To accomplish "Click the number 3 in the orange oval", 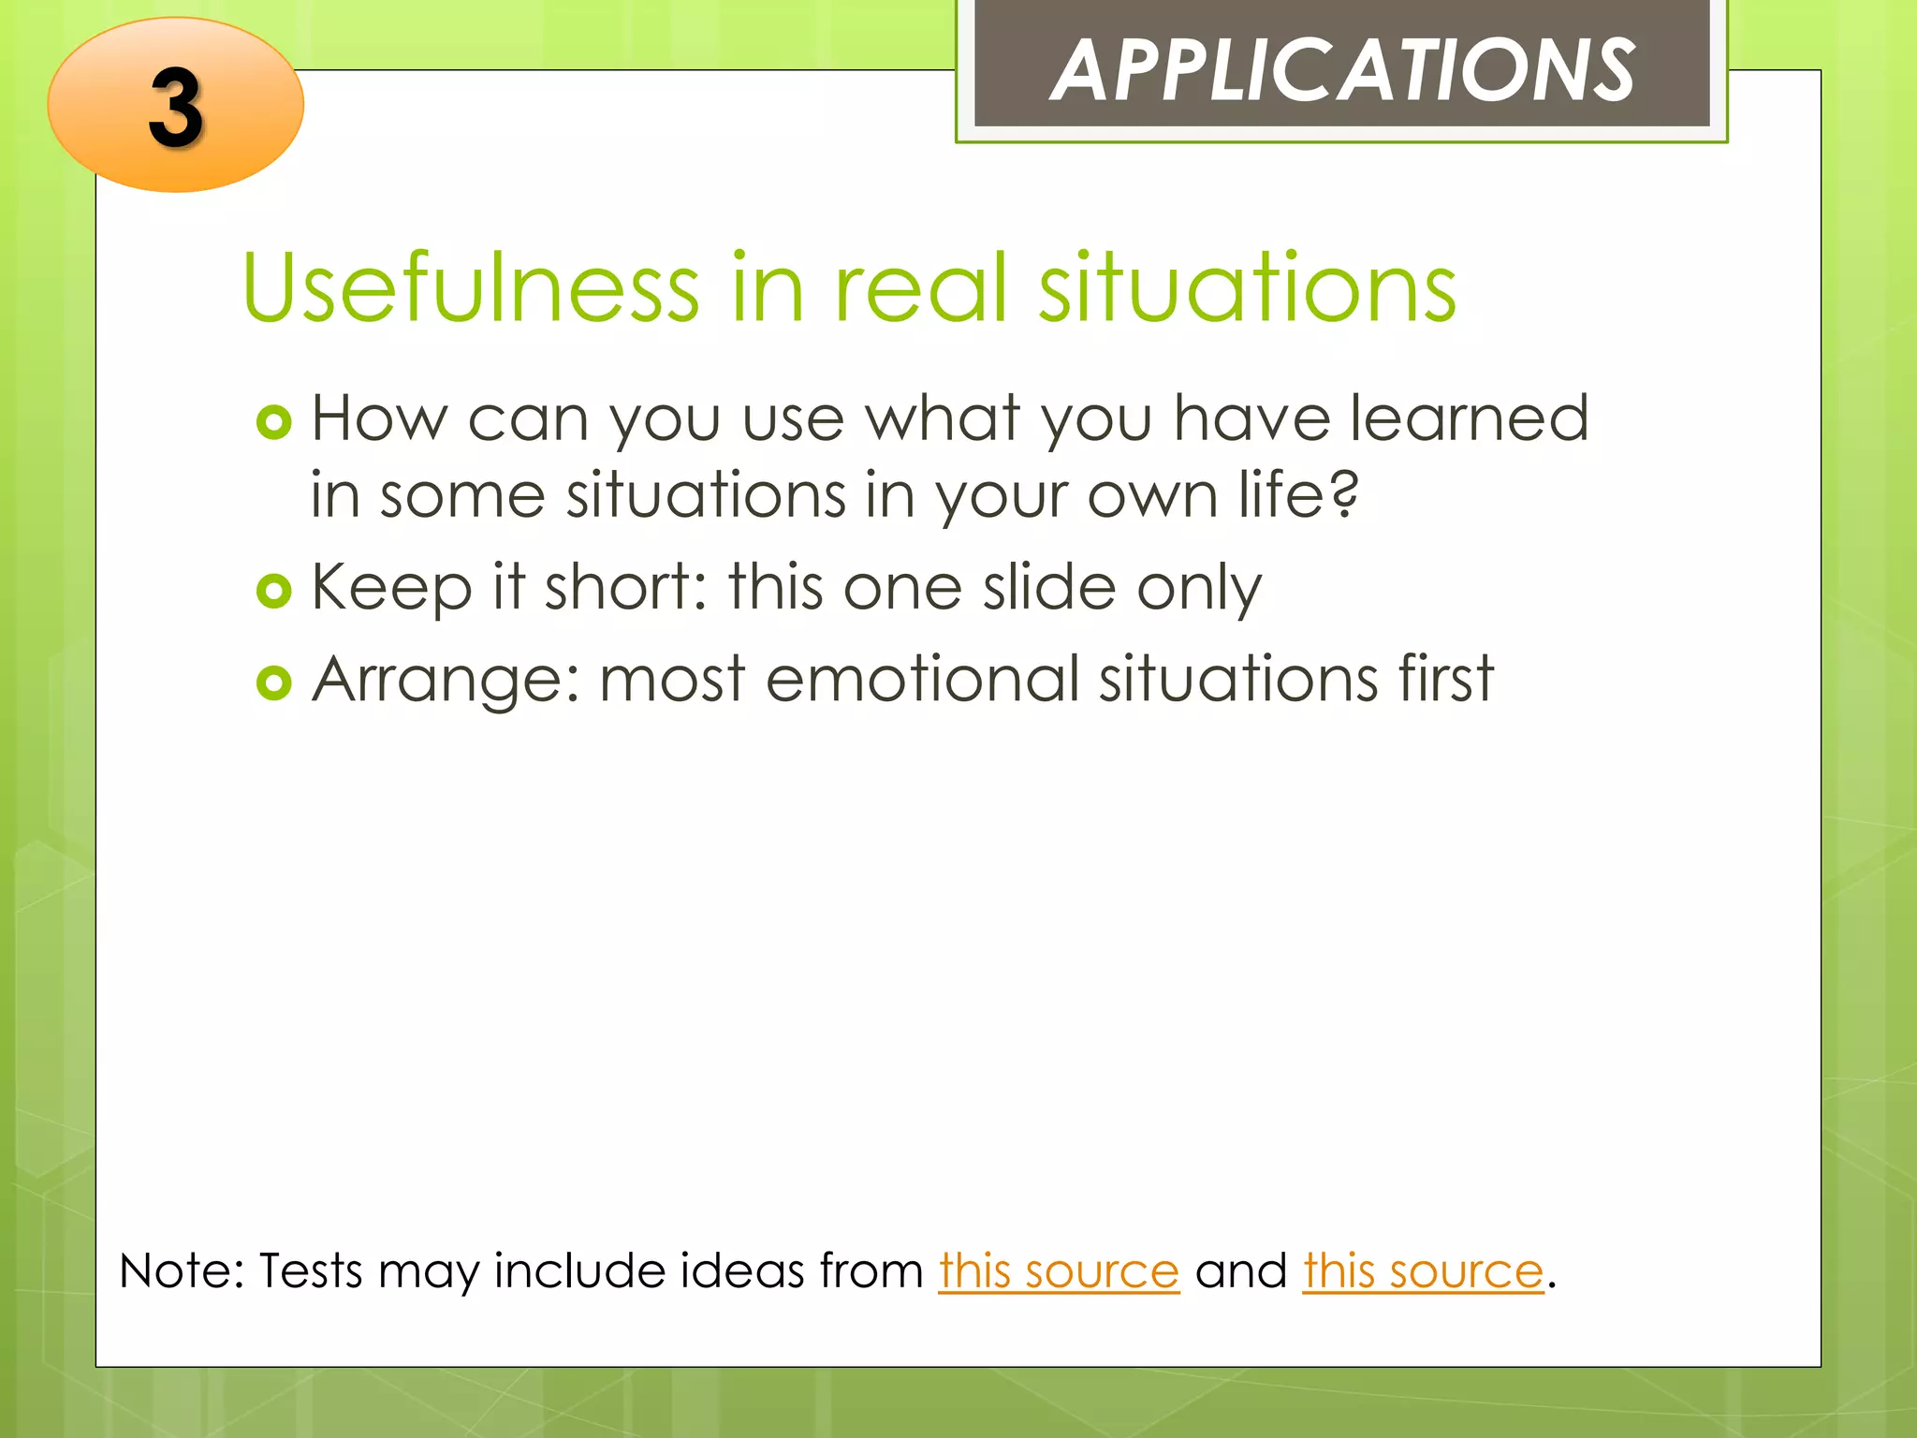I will pos(176,109).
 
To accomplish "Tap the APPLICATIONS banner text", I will pos(1342,71).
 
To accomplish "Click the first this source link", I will pos(1059,1271).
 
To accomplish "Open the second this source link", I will pos(1423,1271).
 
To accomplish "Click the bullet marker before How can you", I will pos(274,423).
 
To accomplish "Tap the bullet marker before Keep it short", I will pos(274,591).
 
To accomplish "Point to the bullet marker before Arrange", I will pos(274,682).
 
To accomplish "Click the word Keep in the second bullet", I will pos(391,589).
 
